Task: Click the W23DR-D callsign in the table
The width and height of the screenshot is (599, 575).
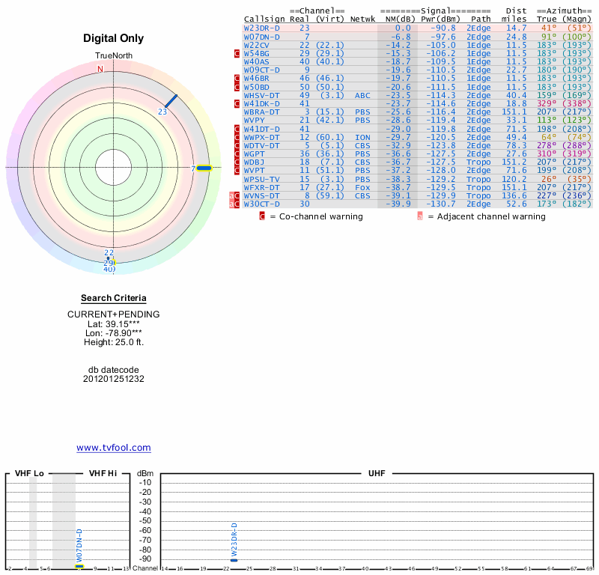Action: [x=261, y=28]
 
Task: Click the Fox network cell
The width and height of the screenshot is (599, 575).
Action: [x=362, y=187]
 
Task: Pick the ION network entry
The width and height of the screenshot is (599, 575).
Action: [x=362, y=137]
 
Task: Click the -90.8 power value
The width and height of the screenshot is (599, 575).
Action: [x=438, y=28]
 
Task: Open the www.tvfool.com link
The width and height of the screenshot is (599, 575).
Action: [x=114, y=448]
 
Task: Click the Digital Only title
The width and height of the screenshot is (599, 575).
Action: [x=114, y=38]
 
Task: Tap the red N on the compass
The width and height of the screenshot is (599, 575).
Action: [x=100, y=69]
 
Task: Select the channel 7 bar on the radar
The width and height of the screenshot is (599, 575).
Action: [x=204, y=168]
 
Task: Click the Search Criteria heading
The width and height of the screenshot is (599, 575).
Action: [x=114, y=298]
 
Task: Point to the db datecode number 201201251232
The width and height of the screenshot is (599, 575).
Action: [x=114, y=379]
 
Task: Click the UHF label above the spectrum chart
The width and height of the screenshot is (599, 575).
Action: [x=377, y=474]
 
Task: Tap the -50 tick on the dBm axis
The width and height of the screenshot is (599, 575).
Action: [x=145, y=520]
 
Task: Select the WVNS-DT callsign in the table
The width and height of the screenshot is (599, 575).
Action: [x=261, y=195]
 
